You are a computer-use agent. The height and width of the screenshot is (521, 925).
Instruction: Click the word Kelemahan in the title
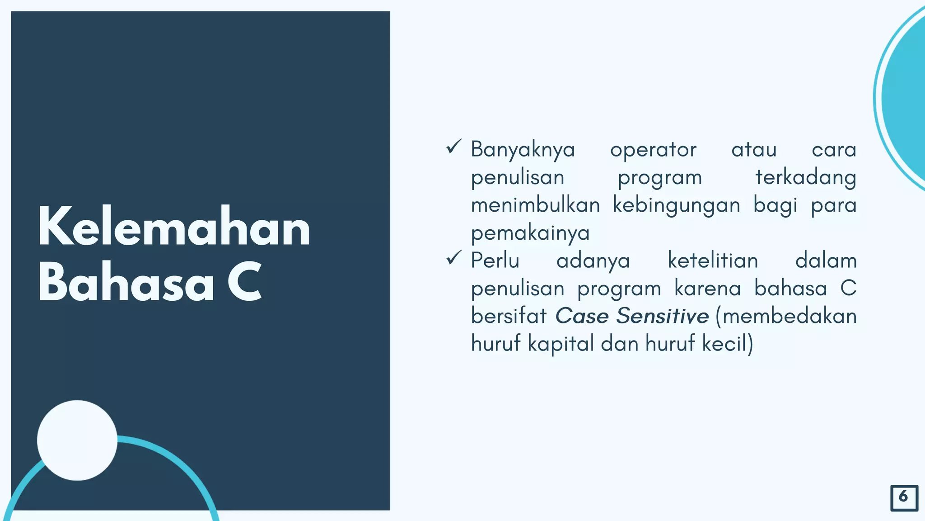[x=174, y=227]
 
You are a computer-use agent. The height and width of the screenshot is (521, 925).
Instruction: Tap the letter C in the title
[x=245, y=282]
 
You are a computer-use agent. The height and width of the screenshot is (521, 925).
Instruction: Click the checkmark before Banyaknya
[x=453, y=147]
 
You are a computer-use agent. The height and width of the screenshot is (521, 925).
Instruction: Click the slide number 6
[x=904, y=497]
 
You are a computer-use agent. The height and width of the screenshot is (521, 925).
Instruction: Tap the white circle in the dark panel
[x=77, y=440]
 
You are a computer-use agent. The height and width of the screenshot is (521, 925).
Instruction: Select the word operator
[x=653, y=150]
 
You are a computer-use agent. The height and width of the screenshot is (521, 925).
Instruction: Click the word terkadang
[x=806, y=178]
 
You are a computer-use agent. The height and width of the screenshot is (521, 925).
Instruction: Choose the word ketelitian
[x=713, y=261]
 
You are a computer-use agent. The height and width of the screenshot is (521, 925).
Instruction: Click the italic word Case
[x=582, y=316]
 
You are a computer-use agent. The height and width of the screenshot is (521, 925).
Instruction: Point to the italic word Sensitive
[x=663, y=316]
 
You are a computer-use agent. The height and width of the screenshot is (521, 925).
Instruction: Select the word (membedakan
[x=786, y=316]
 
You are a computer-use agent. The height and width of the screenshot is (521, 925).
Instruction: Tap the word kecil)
[x=728, y=344]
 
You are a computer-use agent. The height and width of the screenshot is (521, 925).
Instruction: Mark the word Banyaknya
[x=523, y=150]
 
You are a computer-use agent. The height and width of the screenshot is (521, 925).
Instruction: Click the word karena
[x=707, y=289]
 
